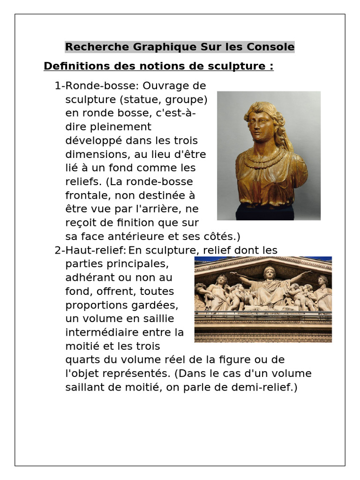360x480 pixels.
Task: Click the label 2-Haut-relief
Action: coord(90,250)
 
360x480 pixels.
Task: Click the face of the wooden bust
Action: coord(261,126)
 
